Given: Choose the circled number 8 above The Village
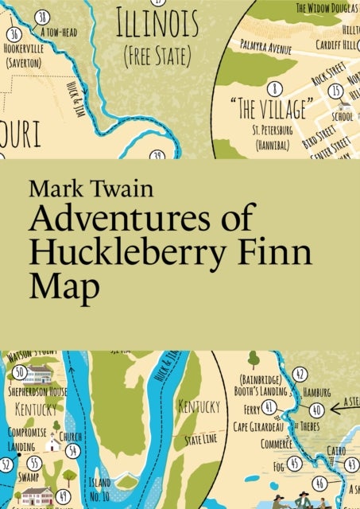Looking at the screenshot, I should pos(276,88).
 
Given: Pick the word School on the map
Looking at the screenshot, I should pos(343,116).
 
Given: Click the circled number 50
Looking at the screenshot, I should pos(19,371).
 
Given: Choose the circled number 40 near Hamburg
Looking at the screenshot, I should pos(317,410).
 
